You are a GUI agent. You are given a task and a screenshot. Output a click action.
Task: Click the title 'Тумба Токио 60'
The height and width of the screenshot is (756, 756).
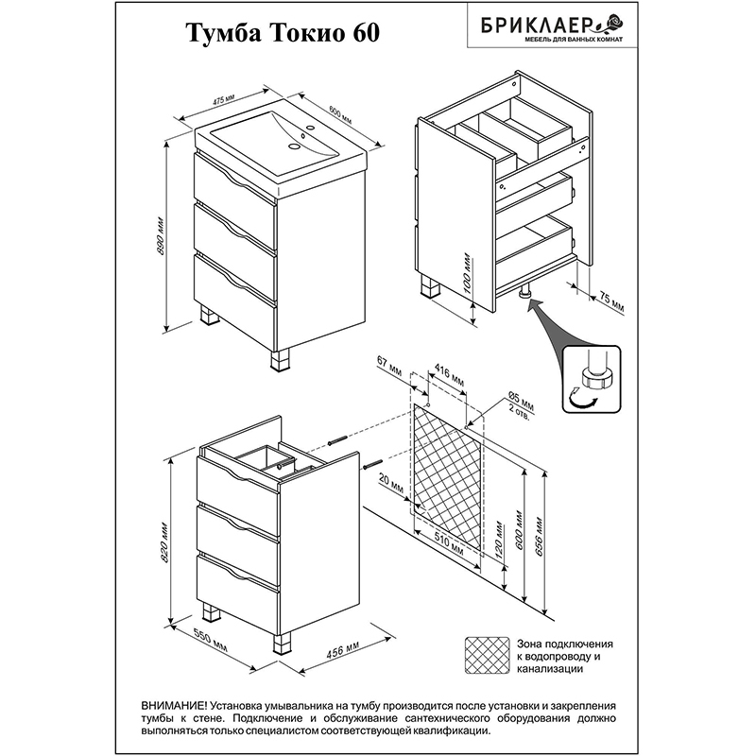point(283,33)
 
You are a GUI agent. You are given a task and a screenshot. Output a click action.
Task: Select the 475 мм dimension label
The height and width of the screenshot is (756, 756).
point(223,100)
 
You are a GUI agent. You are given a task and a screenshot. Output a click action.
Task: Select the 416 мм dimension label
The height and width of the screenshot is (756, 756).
point(450,375)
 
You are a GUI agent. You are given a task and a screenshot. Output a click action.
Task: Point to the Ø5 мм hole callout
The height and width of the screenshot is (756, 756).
point(521,402)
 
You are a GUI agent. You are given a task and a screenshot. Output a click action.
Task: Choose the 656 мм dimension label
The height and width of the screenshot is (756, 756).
point(539,537)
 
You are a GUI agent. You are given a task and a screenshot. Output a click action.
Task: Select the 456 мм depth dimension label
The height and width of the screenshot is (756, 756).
point(342,651)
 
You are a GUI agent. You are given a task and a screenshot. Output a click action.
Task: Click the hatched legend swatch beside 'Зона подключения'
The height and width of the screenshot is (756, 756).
point(487,655)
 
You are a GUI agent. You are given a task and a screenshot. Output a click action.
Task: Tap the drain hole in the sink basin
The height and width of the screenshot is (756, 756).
point(294,146)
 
